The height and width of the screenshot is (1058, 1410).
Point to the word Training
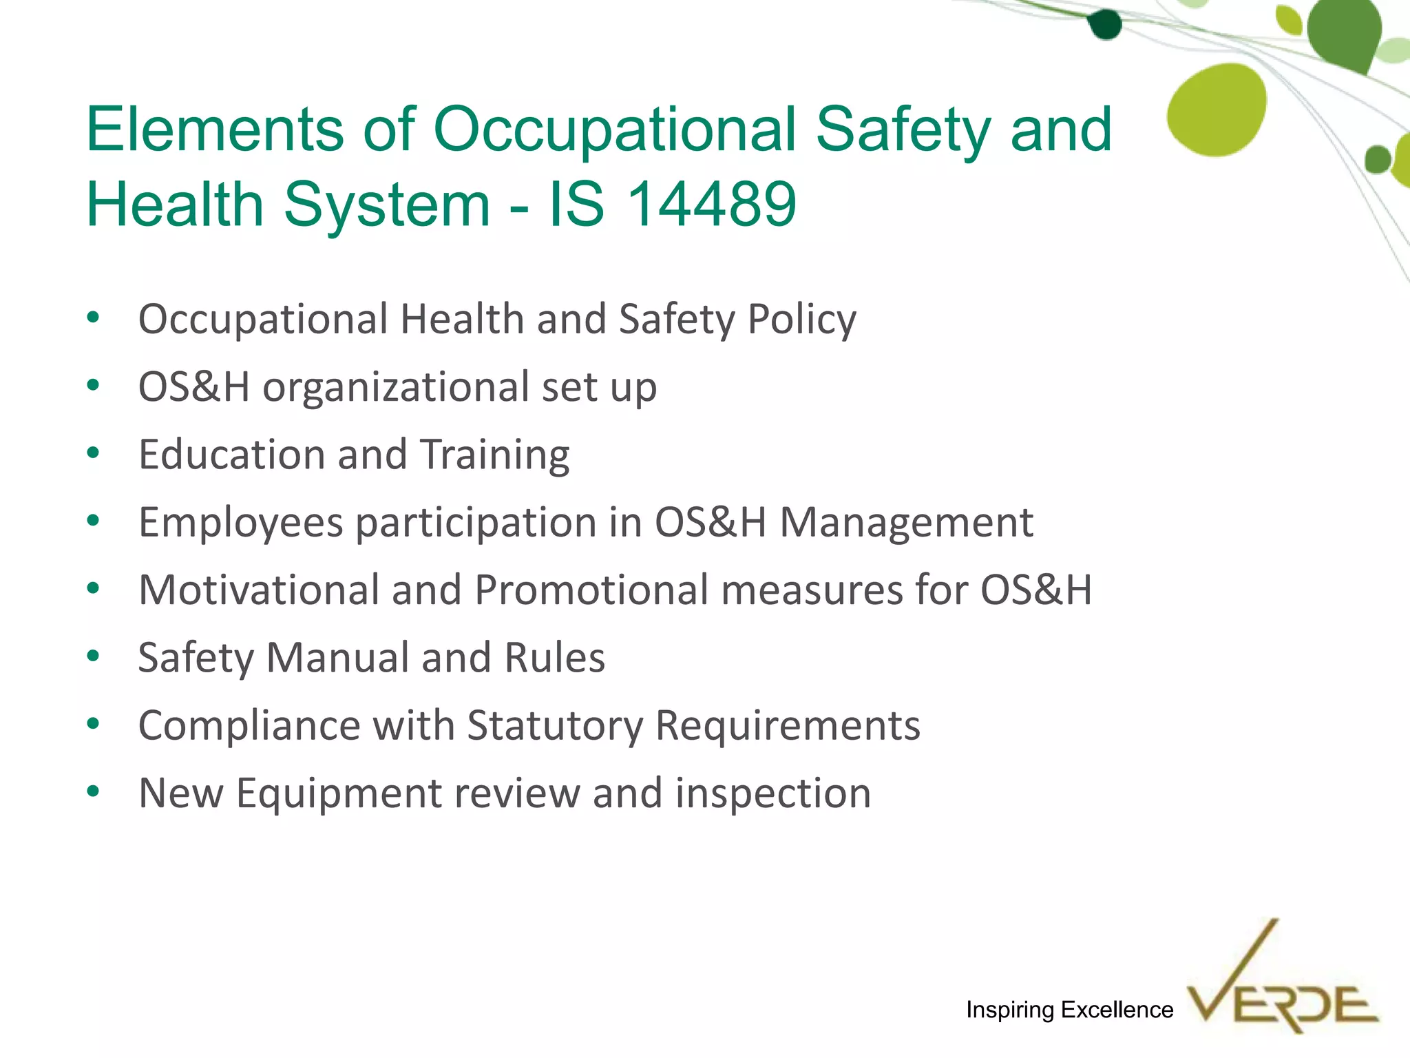click(x=494, y=455)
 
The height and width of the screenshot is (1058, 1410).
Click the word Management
click(x=906, y=522)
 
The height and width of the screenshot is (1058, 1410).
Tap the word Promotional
click(x=591, y=590)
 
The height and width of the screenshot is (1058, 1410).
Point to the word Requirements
click(x=788, y=726)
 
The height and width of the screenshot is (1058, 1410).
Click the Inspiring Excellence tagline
click(x=1069, y=1010)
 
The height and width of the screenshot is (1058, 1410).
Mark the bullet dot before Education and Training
click(x=94, y=453)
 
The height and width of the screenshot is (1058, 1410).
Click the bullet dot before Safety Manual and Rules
click(x=94, y=656)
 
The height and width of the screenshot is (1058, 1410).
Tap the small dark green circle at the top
click(x=1106, y=25)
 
